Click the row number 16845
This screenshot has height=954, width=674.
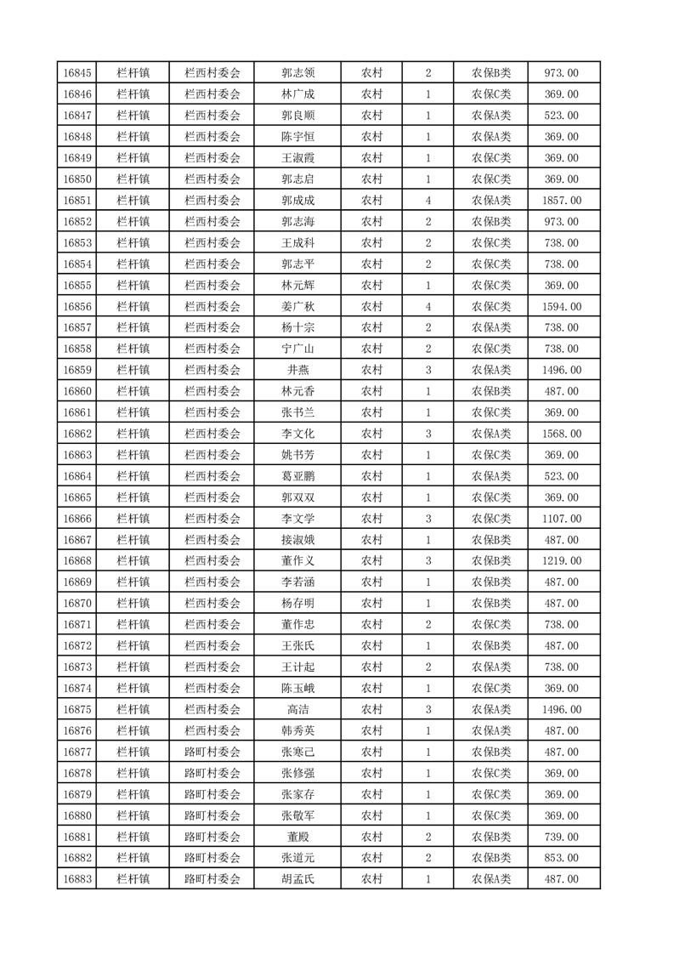pos(77,73)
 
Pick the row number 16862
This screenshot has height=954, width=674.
pos(77,434)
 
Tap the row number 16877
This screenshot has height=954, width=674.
pos(77,752)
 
